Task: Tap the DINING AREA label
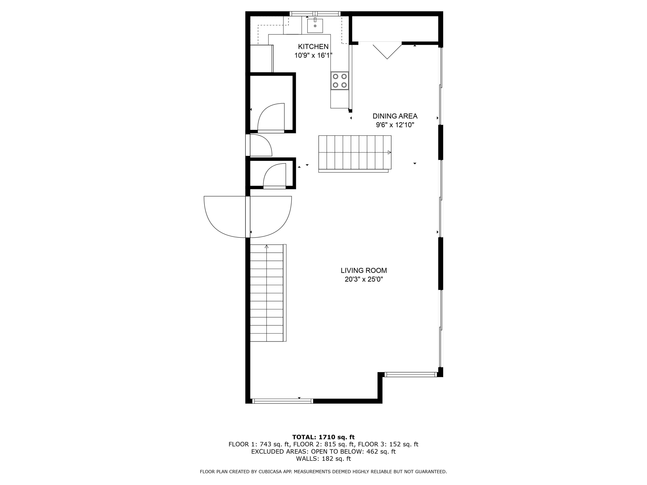395,116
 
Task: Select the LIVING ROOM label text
364,271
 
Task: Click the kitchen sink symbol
315,26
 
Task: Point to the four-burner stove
340,81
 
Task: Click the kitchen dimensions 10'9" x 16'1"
313,55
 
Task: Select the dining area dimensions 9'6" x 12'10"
395,125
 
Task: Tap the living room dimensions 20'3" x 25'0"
364,279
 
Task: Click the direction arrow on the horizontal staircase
389,152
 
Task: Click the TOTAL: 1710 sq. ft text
323,437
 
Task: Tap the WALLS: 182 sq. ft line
323,459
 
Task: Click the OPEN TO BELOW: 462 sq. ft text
353,451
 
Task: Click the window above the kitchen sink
315,13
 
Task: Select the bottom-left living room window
283,401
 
